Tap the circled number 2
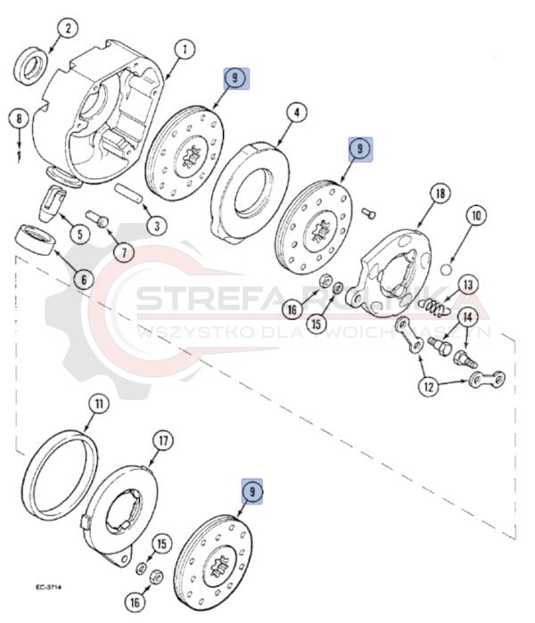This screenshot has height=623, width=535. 67,30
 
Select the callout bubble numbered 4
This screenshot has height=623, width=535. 296,113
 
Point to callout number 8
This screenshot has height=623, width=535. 17,119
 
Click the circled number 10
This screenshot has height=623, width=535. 475,215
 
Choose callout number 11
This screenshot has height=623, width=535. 96,404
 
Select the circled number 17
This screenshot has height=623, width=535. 162,440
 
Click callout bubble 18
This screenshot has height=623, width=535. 438,193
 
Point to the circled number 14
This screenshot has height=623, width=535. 466,317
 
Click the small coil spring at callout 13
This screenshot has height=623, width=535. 432,307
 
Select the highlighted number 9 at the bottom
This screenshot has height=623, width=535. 253,491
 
